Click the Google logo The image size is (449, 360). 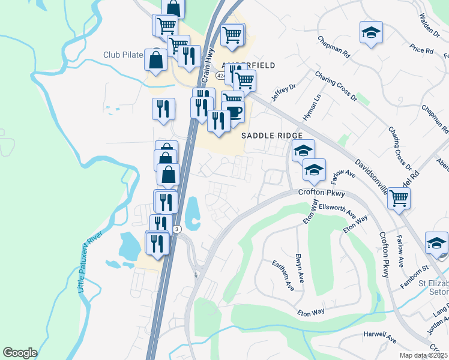20,353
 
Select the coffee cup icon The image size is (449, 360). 234,112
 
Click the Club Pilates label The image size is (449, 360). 122,55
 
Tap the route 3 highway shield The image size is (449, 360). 176,229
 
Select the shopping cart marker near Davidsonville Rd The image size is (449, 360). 399,197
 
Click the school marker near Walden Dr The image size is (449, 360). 372,32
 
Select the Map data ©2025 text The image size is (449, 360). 423,355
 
